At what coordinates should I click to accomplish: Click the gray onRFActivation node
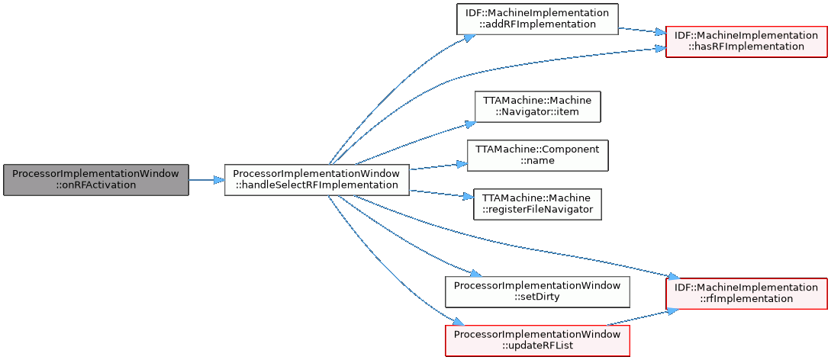coord(95,179)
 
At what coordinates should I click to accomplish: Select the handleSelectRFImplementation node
coord(317,179)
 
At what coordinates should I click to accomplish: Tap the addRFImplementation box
coord(536,18)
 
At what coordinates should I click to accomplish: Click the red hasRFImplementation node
coord(746,40)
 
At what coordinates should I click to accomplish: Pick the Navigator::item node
coord(537,106)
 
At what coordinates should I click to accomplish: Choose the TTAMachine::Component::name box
coord(537,155)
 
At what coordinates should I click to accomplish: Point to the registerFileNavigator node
coord(537,204)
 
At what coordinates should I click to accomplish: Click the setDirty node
coord(537,291)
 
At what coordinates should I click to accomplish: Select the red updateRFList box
coord(537,340)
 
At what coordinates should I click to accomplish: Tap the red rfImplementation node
coord(746,293)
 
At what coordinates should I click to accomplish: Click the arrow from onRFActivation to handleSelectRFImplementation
coord(206,180)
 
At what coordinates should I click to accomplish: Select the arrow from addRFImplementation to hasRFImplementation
coord(641,31)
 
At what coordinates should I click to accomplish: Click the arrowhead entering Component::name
coord(462,163)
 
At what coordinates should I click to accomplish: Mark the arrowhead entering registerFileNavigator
coord(468,197)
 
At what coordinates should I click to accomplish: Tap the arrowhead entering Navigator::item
coord(469,124)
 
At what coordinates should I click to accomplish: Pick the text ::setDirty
coord(537,297)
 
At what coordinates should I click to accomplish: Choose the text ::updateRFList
coord(537,346)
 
